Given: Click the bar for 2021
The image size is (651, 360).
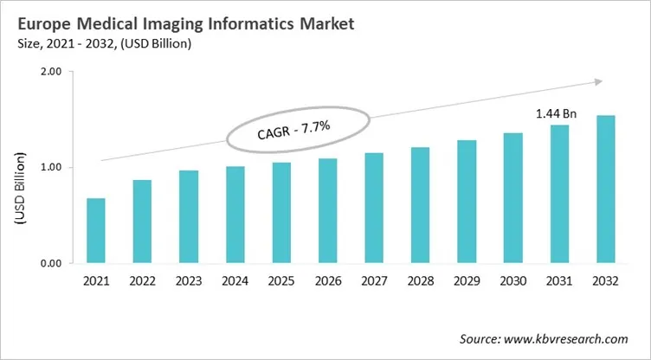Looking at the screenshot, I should [x=96, y=230].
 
